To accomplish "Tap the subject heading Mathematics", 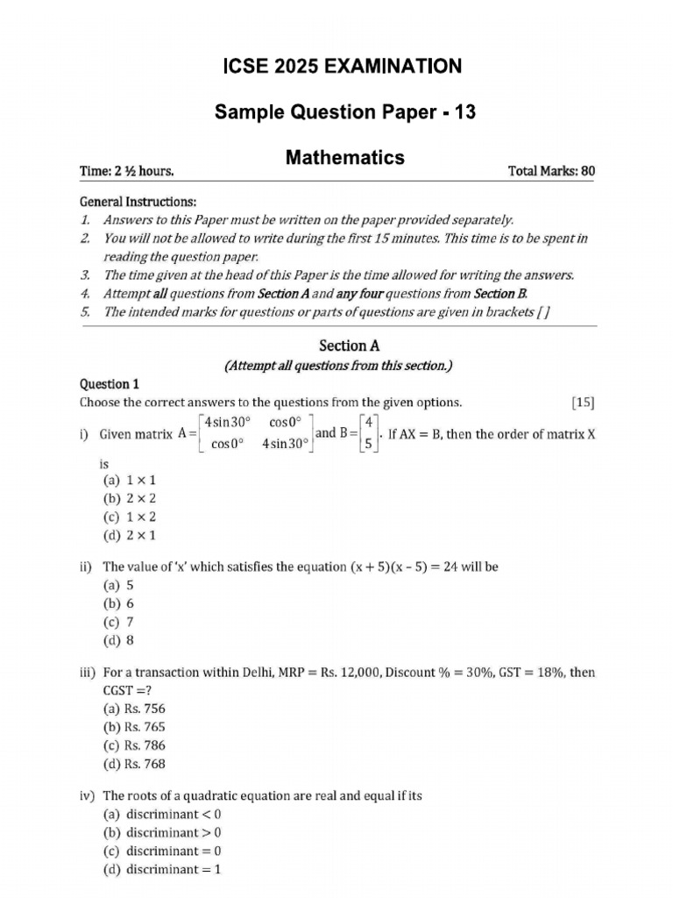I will coord(344,157).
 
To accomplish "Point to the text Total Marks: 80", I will coord(550,170).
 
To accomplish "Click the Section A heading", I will coord(337,346).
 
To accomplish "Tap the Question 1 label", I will coord(110,383).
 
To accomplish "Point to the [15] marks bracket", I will coord(582,403).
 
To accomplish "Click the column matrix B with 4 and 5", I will coord(369,433).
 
